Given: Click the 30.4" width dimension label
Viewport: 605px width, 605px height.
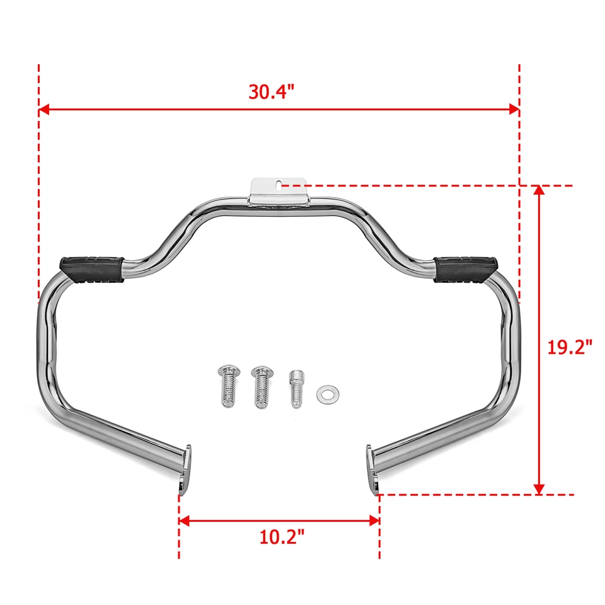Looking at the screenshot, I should point(271,92).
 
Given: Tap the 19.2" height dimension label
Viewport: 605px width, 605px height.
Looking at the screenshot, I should point(570,347).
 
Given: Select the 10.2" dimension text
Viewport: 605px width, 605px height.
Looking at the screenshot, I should point(282,537).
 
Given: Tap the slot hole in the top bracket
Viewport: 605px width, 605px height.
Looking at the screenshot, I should point(277,185).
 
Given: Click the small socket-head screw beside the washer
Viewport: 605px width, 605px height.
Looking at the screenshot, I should point(295,387).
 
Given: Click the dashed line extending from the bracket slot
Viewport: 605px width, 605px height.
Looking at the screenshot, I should point(410,186).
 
